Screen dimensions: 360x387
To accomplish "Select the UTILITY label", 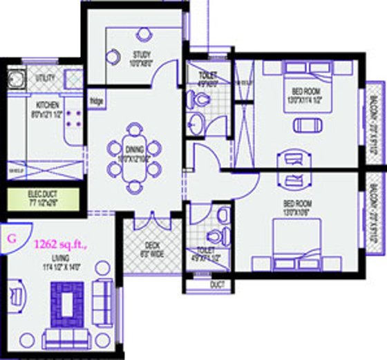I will [45, 78].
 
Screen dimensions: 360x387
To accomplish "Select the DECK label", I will [153, 245].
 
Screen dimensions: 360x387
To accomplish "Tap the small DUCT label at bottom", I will [216, 284].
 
